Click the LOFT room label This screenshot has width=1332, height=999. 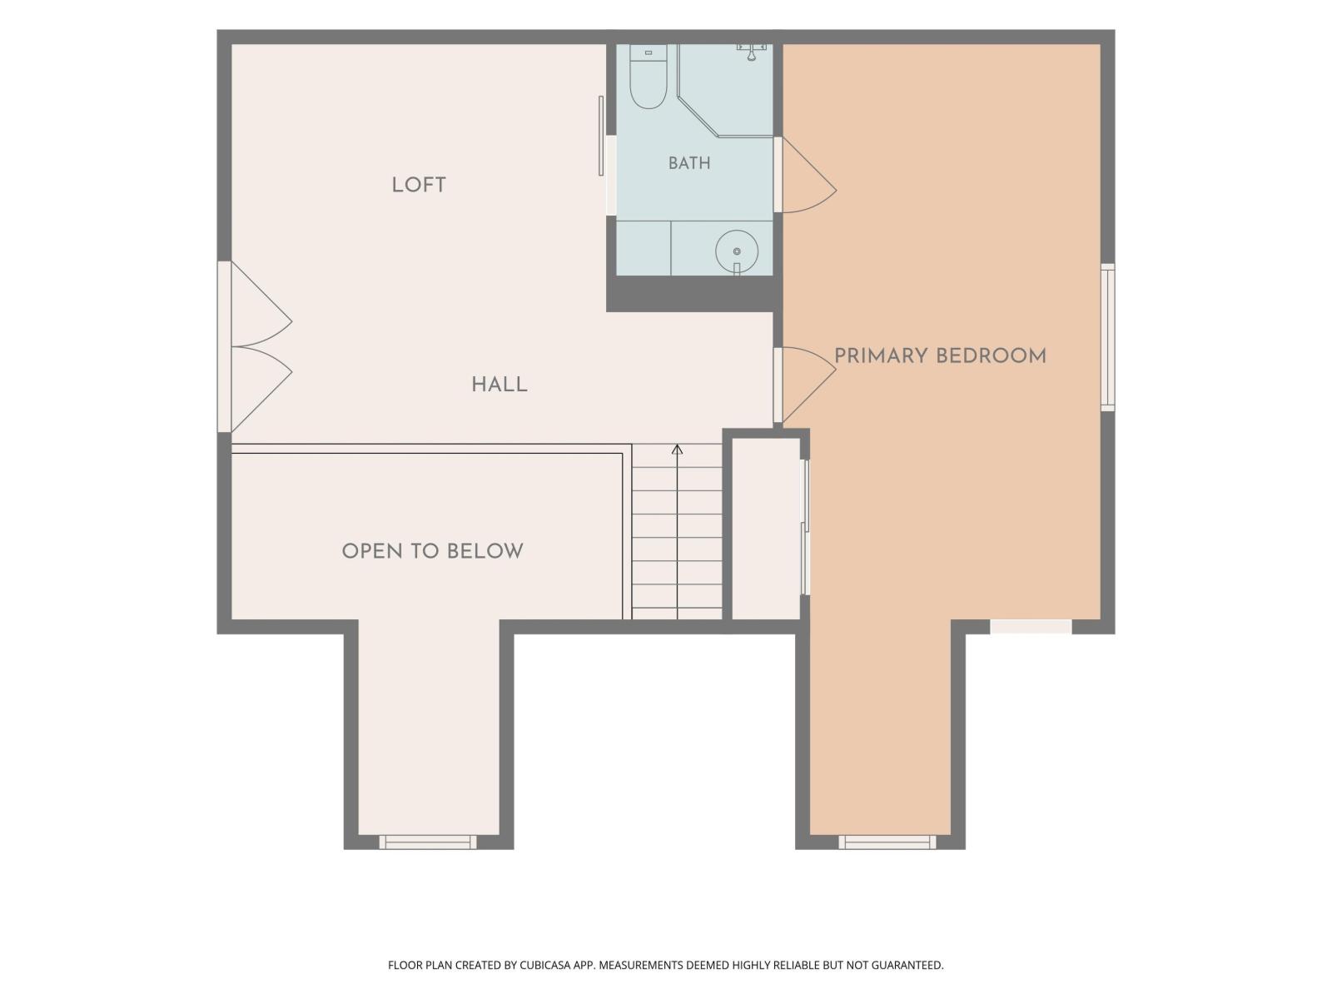coord(418,185)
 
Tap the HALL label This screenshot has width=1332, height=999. coord(499,385)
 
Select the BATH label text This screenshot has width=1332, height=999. coord(688,163)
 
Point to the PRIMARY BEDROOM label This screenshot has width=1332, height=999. coord(940,356)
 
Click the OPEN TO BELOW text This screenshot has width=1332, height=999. coord(432,551)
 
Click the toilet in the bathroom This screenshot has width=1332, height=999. coord(648,77)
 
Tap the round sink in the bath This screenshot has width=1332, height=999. coord(737,251)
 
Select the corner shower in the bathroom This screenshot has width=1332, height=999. coord(725,91)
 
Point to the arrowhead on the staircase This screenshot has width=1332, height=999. coord(677,450)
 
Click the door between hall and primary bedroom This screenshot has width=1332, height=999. coord(805,385)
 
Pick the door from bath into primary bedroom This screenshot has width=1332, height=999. coord(805,175)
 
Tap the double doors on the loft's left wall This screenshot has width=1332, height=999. coord(255,346)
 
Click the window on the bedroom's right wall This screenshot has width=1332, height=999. coord(1107,337)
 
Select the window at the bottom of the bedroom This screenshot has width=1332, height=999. coord(887,842)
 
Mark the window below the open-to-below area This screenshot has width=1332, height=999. coord(428,842)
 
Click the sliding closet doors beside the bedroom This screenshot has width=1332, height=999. coord(805,527)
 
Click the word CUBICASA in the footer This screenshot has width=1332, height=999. coord(545,965)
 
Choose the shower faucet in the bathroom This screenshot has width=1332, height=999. coord(752,52)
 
